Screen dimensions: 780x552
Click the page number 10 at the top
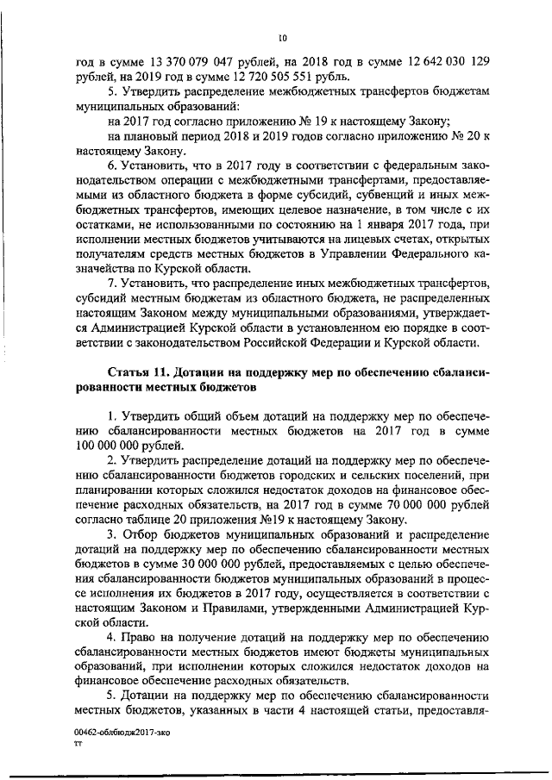coord(282,37)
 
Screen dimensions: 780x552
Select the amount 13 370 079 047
coord(192,59)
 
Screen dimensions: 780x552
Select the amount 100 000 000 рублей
coord(129,446)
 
